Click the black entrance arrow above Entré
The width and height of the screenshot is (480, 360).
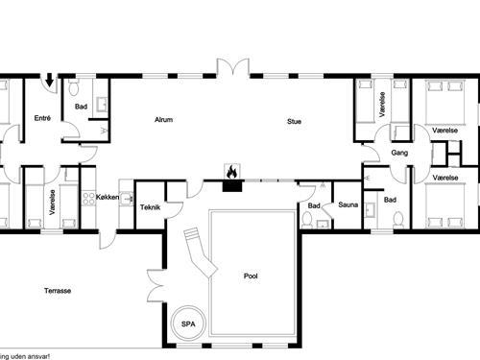tap(49, 84)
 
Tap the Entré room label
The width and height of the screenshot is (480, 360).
tap(42, 119)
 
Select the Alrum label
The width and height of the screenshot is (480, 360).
tap(163, 120)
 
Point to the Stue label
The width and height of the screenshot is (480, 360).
tap(294, 120)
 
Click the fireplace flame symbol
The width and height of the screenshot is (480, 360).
tap(231, 172)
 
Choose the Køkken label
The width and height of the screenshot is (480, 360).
tap(108, 197)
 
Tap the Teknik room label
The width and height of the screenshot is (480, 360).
tap(150, 206)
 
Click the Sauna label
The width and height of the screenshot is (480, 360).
tap(347, 205)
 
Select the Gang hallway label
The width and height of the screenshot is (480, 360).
tap(399, 153)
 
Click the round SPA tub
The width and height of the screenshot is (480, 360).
tap(188, 324)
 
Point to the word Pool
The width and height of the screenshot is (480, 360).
tap(251, 276)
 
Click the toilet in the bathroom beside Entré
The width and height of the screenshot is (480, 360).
tap(74, 89)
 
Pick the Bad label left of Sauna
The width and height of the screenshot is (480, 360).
tap(313, 205)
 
